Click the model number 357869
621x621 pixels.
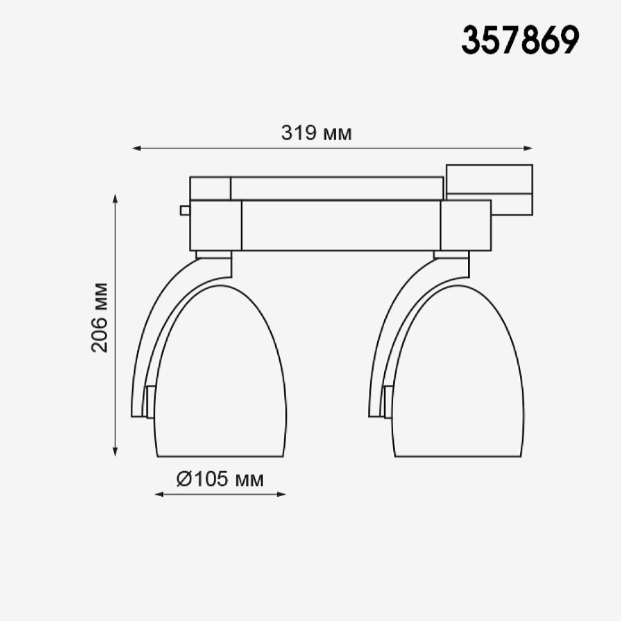520,40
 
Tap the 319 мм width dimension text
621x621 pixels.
316,133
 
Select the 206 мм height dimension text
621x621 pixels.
99,318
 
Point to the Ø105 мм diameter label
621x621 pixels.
220,480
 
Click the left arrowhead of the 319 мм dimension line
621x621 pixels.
137,149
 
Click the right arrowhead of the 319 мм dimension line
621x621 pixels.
528,149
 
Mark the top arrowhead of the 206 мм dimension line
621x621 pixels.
115,199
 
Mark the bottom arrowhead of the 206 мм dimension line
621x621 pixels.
115,451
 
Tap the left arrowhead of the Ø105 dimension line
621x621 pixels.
159,494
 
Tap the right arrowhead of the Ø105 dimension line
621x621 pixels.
281,494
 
